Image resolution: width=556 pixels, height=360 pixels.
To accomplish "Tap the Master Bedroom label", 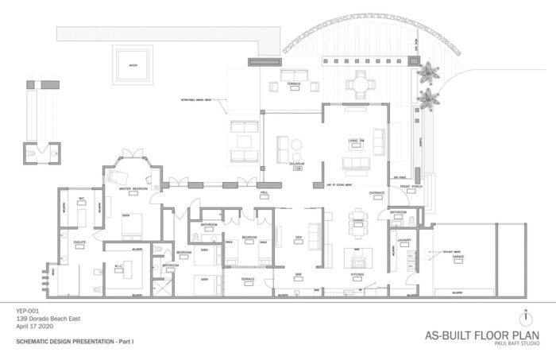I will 134,189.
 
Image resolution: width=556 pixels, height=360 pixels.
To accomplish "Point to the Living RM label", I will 355,141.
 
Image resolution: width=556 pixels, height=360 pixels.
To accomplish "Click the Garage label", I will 458,257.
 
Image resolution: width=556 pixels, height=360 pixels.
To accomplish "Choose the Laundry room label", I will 403,238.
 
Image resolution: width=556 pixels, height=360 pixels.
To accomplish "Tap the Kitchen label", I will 357,275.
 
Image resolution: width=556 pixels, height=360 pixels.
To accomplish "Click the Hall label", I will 264,193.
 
